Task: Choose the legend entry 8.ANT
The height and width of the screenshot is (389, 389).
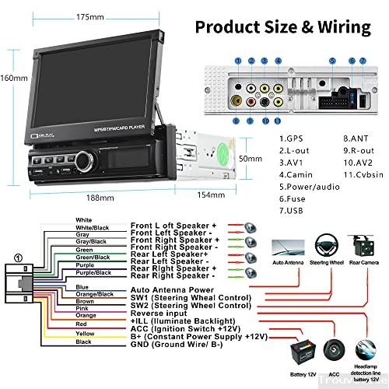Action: pyautogui.click(x=335, y=139)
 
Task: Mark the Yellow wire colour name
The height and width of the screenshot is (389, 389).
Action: pyautogui.click(x=85, y=333)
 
